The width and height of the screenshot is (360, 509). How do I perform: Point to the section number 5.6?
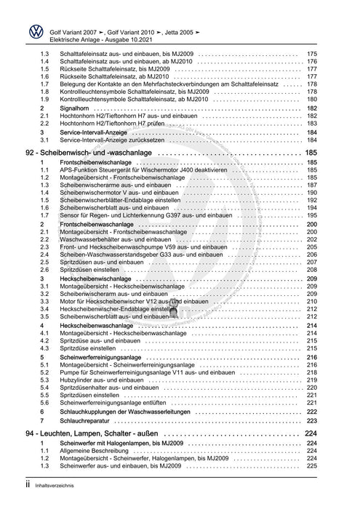coord(44,401)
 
